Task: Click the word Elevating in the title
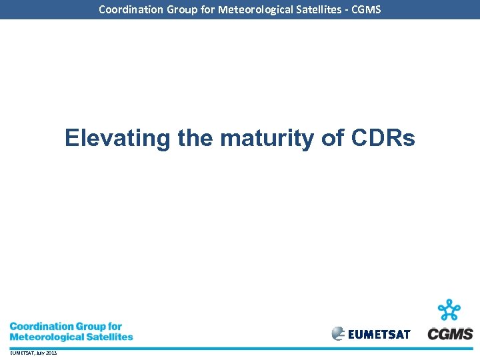click(118, 139)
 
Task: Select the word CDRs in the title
click(382, 139)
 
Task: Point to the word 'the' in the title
click(195, 139)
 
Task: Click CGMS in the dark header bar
click(366, 9)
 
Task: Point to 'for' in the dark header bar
click(205, 9)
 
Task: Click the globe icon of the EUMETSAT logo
click(339, 333)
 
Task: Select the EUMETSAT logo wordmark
click(379, 334)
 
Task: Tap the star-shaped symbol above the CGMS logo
click(450, 311)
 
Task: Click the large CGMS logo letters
click(450, 334)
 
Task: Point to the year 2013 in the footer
click(51, 353)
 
